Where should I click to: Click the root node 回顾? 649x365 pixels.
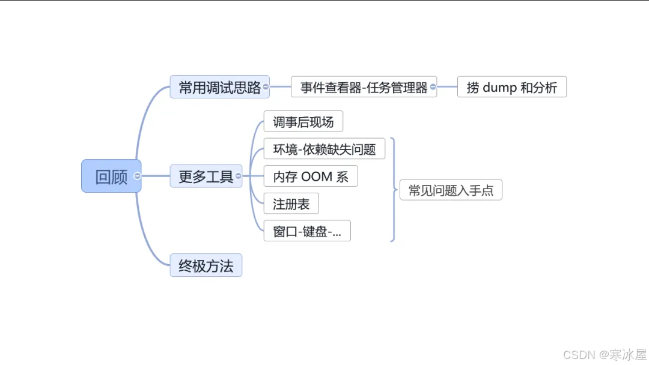point(111,176)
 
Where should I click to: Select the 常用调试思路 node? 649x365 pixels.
point(219,87)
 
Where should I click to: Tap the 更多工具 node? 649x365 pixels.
point(206,176)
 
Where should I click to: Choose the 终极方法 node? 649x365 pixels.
point(206,265)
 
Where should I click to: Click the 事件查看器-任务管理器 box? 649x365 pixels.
point(364,87)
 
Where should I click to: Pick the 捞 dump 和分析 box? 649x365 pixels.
point(511,87)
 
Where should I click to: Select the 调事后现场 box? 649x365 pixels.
point(303,122)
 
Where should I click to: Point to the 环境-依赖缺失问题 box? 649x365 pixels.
point(324,149)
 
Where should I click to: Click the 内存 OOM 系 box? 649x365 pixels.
point(310,176)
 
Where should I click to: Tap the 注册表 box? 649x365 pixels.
point(291,204)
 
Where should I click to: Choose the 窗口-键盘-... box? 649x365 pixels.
point(306,231)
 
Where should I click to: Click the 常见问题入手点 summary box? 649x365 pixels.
point(451,190)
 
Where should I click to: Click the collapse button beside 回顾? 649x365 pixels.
point(138,176)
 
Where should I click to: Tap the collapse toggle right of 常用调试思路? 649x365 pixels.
point(266,87)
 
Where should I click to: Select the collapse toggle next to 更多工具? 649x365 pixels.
point(239,176)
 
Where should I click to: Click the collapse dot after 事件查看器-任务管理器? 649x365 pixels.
point(433,87)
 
